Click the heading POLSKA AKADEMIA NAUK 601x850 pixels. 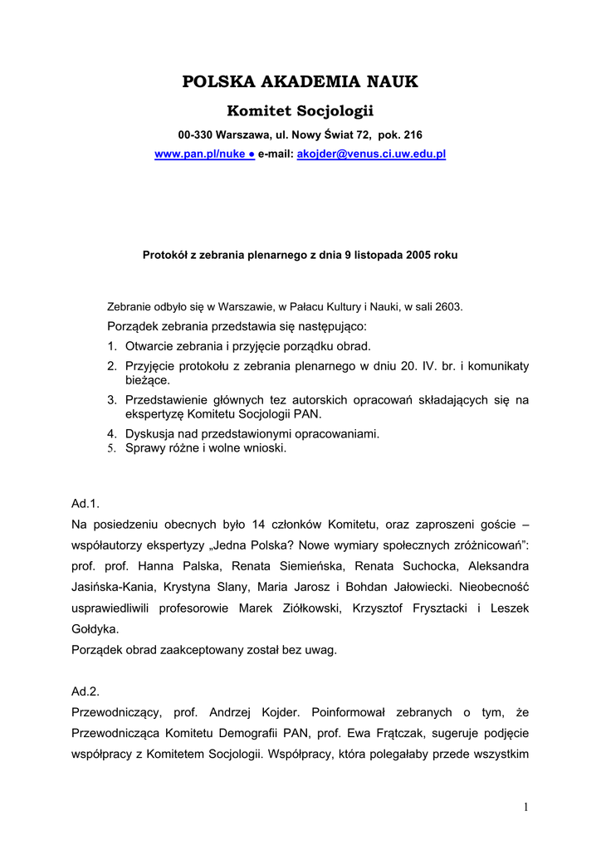coord(300,81)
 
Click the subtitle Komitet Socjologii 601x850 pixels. coord(300,111)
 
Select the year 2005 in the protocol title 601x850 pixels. coord(419,256)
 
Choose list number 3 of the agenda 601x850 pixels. coord(111,400)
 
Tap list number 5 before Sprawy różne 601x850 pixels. coord(111,448)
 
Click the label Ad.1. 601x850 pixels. coord(86,503)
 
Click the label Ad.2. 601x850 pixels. coord(86,691)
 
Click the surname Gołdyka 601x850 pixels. coord(95,629)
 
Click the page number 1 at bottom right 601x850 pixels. coord(526,807)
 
